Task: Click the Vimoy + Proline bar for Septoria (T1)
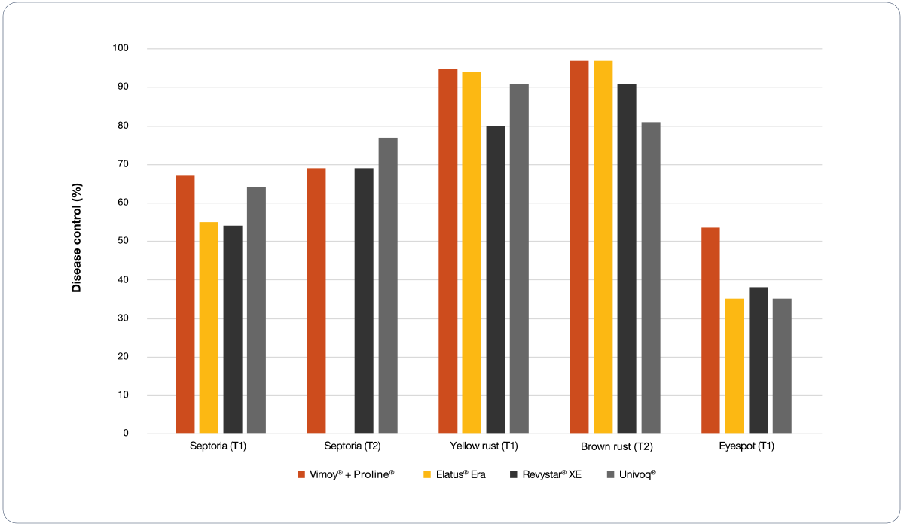[185, 304]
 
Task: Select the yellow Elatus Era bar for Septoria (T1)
[209, 327]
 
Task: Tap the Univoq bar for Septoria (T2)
[388, 285]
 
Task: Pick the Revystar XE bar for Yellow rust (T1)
[496, 279]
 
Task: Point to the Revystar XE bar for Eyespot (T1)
[758, 360]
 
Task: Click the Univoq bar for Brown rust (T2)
[651, 278]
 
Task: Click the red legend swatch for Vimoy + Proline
[301, 474]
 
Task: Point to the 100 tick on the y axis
[121, 48]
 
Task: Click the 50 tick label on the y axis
[123, 241]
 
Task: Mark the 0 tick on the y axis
[125, 434]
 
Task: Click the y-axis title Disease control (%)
[76, 241]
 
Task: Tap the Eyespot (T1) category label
[747, 446]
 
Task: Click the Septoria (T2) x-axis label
[352, 446]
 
